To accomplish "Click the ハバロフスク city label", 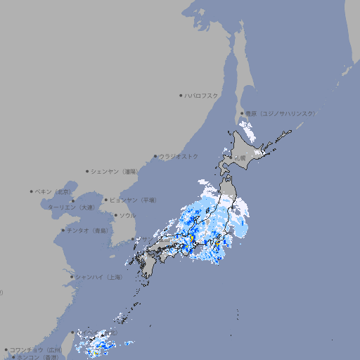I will point(202,95).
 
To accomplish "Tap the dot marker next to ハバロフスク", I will point(181,95).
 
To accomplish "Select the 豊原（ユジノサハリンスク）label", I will point(280,113).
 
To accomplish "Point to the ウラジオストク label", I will point(179,156).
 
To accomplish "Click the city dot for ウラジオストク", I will point(156,156).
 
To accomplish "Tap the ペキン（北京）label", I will point(53,191).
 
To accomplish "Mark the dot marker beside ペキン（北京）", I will point(32,191).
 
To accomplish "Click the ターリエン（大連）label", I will point(71,207).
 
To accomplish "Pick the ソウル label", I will point(127,215).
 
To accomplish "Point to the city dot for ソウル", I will point(115,215).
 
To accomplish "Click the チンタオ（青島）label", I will point(88,231).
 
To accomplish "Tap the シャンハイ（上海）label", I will point(99,277).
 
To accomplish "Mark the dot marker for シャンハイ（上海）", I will point(72,277).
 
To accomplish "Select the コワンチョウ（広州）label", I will point(36,349).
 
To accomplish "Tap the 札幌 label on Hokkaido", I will point(240,158).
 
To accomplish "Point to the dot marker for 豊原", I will point(242,113).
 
